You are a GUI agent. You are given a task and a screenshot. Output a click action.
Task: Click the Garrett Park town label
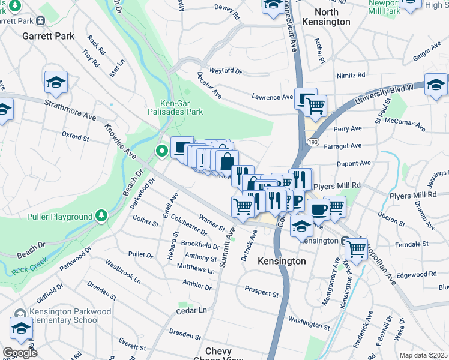(48, 36)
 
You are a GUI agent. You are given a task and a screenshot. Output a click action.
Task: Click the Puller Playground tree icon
(101, 216)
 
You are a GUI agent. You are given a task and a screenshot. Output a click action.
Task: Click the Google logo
(19, 353)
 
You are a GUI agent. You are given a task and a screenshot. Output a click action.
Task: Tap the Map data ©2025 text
(423, 355)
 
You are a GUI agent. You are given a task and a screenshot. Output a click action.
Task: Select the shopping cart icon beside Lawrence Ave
(315, 106)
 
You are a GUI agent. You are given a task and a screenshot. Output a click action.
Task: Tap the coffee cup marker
(319, 209)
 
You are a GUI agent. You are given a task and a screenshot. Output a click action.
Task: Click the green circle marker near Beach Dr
(161, 151)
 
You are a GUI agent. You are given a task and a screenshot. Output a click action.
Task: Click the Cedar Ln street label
(191, 310)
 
